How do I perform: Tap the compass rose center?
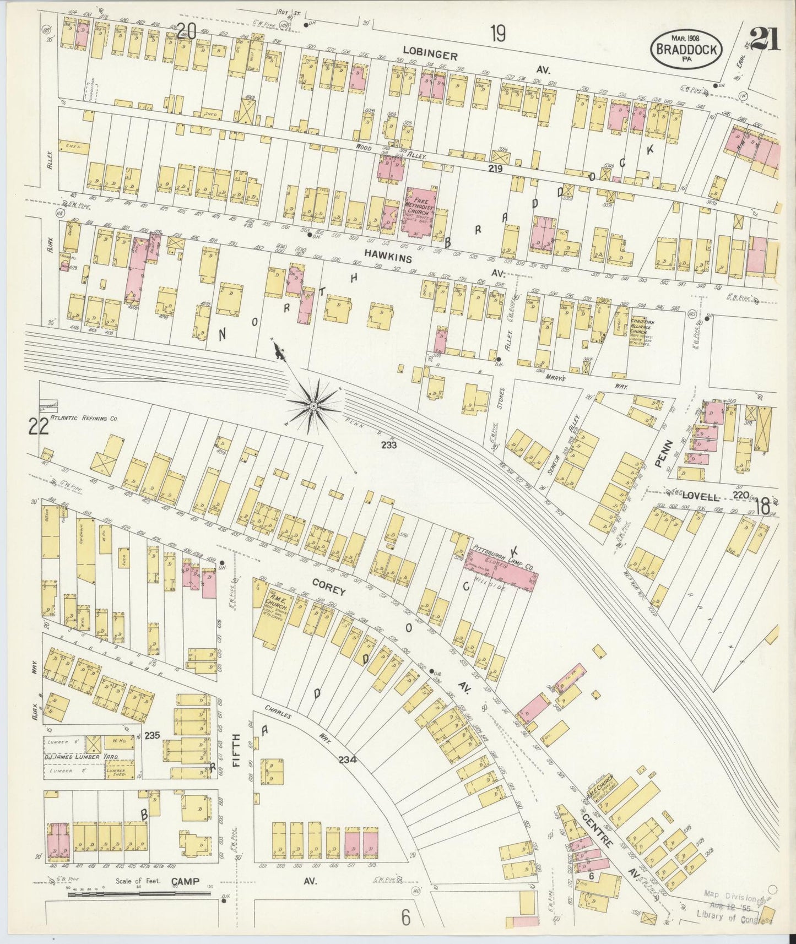[x=313, y=406]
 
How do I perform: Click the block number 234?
[x=348, y=759]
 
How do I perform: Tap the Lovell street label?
[x=700, y=496]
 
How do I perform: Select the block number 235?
[x=152, y=735]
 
